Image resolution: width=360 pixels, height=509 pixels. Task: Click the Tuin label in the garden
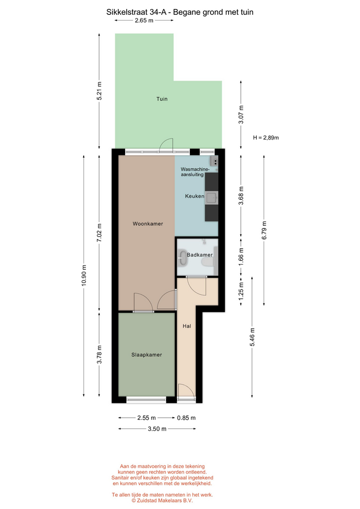(x=162, y=99)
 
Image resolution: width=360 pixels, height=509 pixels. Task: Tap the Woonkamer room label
(x=148, y=223)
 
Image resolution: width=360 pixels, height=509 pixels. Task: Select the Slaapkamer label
(x=146, y=355)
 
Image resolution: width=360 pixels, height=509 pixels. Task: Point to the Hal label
(x=187, y=326)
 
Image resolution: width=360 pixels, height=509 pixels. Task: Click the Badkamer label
(x=200, y=255)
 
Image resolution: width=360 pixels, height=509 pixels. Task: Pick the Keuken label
(x=195, y=196)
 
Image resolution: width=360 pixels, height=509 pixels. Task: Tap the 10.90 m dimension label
(x=84, y=276)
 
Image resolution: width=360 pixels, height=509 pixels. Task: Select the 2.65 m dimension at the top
(x=144, y=21)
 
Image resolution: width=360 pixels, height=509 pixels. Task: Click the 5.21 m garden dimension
(x=99, y=91)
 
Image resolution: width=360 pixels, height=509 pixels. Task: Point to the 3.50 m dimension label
(x=157, y=429)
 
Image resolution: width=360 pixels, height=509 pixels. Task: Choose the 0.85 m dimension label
(x=186, y=418)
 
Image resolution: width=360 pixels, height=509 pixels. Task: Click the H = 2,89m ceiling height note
(x=266, y=138)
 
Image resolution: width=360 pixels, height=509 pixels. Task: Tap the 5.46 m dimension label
(x=252, y=337)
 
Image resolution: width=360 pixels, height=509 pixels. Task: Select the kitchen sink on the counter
(x=212, y=197)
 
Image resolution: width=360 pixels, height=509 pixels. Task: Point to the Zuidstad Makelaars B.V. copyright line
(x=162, y=501)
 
